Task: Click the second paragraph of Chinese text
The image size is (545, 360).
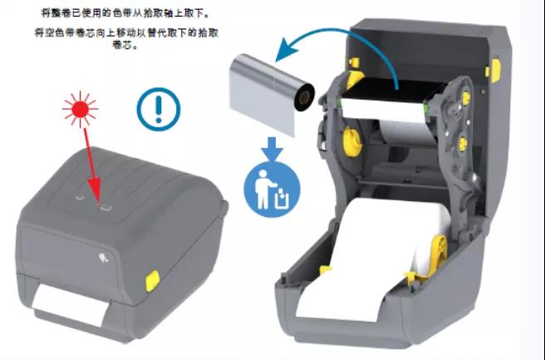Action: pyautogui.click(x=116, y=39)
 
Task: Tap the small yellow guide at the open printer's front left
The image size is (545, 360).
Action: pyautogui.click(x=327, y=271)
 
